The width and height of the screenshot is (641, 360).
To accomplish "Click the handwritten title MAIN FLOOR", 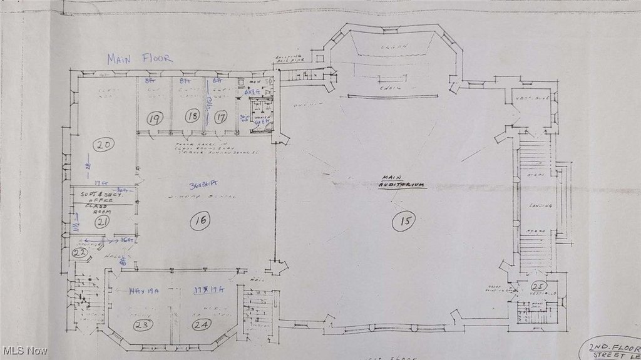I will point(139,59).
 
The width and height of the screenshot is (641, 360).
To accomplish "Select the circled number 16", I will point(202,220).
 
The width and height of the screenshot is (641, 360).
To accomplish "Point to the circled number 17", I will point(221,116).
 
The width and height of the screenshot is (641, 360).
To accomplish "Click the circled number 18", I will point(192,116).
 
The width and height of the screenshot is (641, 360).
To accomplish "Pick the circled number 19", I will point(155,117).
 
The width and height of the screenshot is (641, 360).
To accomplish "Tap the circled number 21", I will point(103,221).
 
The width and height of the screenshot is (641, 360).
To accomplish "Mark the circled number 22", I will point(79,252).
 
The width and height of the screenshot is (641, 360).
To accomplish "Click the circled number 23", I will point(142,324).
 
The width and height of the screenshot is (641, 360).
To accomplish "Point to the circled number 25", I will point(536,287).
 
